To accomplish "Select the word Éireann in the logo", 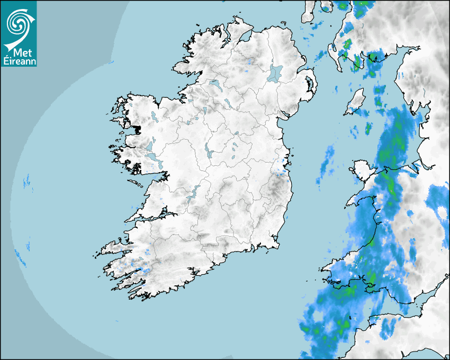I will coord(19,60).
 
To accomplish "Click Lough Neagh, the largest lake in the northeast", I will coord(275,73).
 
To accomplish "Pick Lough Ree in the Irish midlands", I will coord(208,150).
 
